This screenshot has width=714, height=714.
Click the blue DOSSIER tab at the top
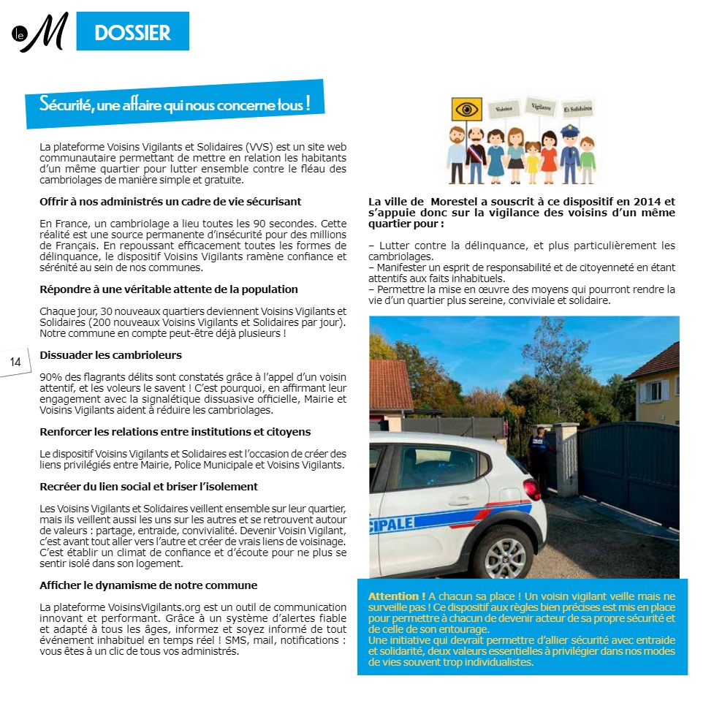pos(132,32)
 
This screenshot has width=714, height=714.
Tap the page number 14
pos(15,362)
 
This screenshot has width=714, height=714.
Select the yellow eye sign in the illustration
pos(467,110)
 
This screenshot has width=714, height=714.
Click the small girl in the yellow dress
pos(531,157)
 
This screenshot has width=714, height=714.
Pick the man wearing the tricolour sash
pos(475,153)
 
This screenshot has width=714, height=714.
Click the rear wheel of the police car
pos(504,552)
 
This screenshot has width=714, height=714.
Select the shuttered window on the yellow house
pos(655,392)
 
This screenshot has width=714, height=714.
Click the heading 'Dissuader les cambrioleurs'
pos(110,355)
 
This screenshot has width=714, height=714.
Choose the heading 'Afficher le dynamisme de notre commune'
pos(148,585)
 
